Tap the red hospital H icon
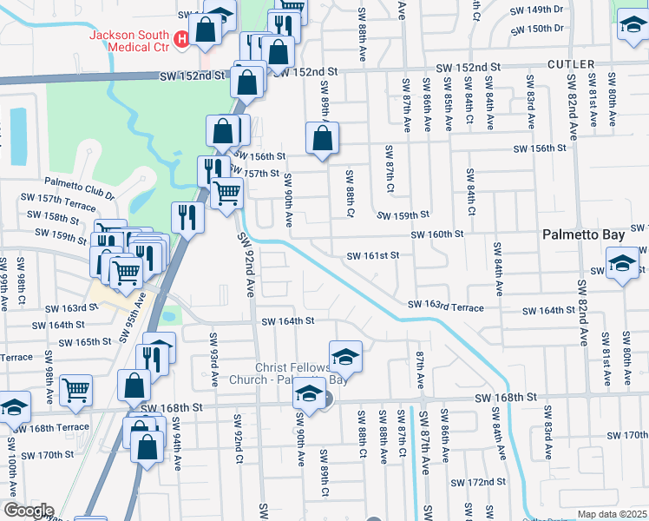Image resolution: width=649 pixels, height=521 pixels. tap(182, 38)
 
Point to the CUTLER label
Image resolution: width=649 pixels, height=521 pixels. tap(571, 65)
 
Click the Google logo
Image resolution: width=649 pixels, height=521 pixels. tap(28, 511)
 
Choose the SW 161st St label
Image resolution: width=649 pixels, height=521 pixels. tap(372, 256)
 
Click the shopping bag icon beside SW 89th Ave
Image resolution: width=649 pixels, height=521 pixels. tap(322, 138)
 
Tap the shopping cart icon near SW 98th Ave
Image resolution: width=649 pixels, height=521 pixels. tap(76, 389)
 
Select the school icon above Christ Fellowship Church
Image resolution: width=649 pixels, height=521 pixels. tap(344, 356)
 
